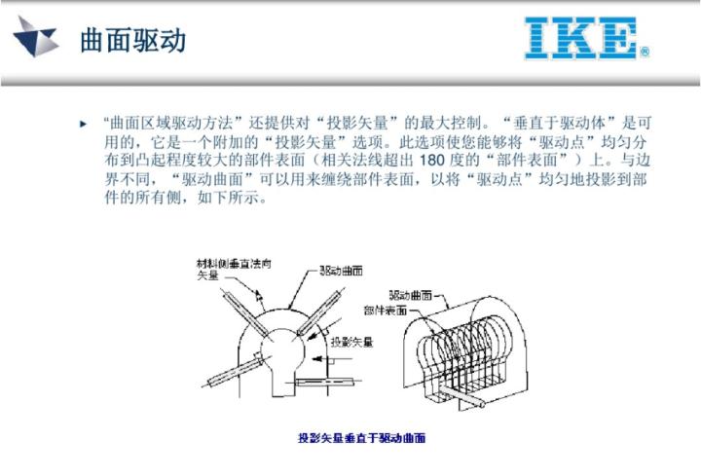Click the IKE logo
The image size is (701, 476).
[581, 38]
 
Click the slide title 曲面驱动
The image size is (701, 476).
[133, 41]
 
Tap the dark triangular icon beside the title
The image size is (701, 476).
[37, 39]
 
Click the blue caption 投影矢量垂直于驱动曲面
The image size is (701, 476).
[361, 438]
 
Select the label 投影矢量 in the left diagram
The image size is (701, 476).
[351, 342]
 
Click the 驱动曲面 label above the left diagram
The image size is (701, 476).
[341, 271]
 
